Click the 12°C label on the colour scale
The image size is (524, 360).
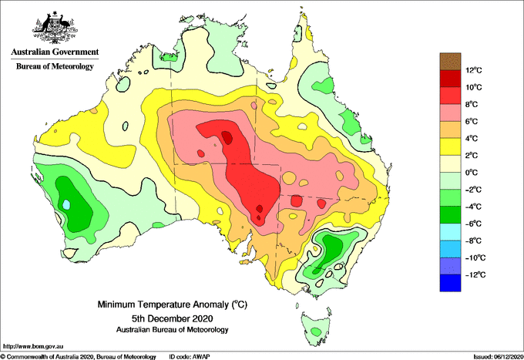click(474, 70)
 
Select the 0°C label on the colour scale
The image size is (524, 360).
click(472, 173)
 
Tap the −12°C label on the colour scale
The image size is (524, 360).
click(475, 274)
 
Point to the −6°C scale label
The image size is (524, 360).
click(473, 224)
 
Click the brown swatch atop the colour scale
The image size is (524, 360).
click(450, 62)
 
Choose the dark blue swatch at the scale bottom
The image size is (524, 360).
click(450, 283)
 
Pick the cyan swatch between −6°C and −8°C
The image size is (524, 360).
click(450, 232)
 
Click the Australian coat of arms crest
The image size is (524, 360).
click(55, 28)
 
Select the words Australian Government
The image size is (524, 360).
click(55, 52)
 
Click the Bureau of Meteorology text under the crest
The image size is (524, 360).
click(55, 66)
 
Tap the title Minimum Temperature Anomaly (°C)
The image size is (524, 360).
click(173, 304)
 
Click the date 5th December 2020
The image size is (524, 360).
click(173, 318)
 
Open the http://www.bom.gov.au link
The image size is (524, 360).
click(32, 346)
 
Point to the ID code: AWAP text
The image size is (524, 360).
click(190, 357)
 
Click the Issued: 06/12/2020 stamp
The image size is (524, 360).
click(498, 357)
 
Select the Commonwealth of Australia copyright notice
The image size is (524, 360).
click(79, 357)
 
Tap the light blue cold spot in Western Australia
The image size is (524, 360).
click(67, 204)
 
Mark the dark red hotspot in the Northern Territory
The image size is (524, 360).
click(227, 137)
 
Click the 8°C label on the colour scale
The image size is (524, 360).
click(472, 104)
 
